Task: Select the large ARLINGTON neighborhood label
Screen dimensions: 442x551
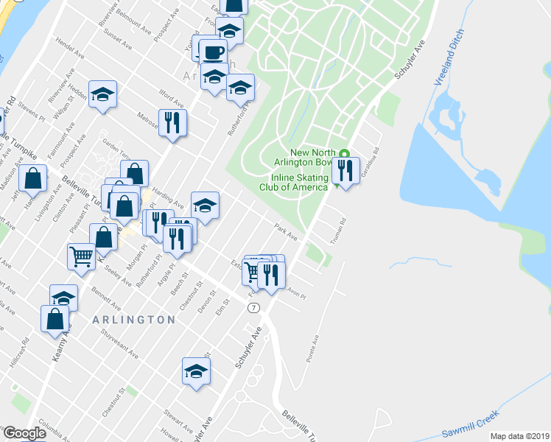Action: click(x=134, y=320)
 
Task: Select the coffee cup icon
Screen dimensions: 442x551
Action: click(x=213, y=52)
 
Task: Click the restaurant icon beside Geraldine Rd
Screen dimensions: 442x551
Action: click(x=345, y=170)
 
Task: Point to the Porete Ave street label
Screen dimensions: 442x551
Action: click(x=312, y=349)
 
